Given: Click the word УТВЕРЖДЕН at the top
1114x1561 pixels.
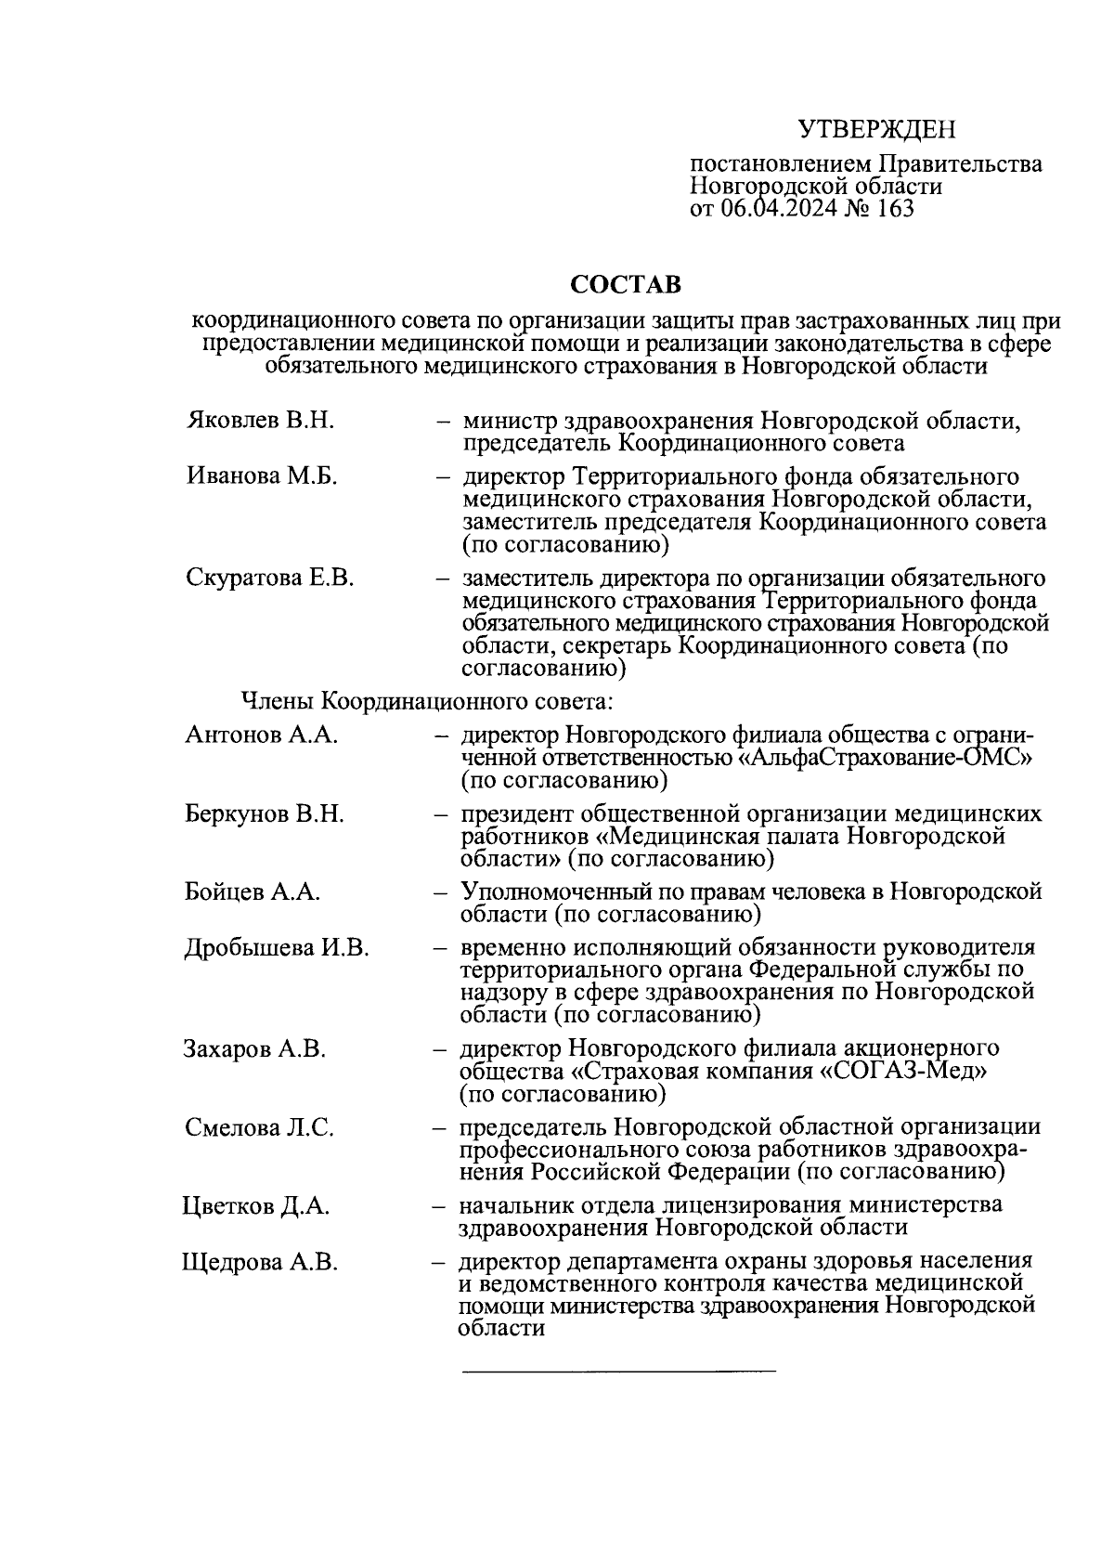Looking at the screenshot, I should [877, 129].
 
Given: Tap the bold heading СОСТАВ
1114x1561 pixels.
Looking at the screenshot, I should [625, 283].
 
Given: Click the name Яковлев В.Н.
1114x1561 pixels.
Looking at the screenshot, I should [260, 421].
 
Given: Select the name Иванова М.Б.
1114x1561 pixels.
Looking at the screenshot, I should [262, 476].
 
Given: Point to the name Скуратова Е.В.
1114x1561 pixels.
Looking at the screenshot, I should [270, 578].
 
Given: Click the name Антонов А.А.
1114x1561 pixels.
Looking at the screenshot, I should [261, 735].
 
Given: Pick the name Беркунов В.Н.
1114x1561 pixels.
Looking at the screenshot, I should [265, 814].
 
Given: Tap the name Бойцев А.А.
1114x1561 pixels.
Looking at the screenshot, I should [253, 892].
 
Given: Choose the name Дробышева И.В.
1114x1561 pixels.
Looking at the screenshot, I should [277, 948].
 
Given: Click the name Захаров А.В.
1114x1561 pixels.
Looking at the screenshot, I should [255, 1049].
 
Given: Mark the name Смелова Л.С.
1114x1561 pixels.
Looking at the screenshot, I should [259, 1128].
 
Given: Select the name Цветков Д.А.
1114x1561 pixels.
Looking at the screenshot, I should [256, 1206].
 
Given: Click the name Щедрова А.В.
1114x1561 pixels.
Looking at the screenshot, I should [260, 1262].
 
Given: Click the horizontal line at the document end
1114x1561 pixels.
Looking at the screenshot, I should [618, 1370].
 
